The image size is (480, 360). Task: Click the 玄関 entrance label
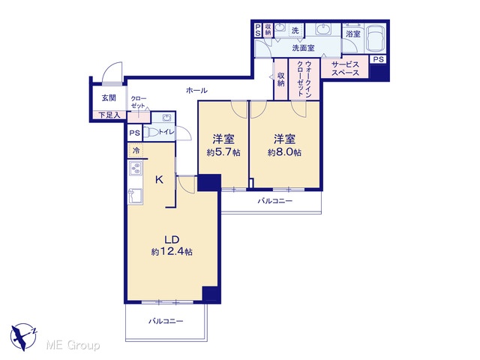pos(109,98)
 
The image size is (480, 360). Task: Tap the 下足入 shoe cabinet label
pos(109,115)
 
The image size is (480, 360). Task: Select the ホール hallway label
pos(196,90)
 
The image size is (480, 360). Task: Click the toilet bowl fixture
pos(151,132)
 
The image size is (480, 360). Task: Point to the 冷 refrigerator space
pos(136,150)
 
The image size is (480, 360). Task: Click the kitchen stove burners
pos(136,168)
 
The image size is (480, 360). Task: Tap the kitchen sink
pos(135,196)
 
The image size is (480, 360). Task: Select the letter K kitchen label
pos(159,180)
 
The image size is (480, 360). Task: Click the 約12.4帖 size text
pos(172,252)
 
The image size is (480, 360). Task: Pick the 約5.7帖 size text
pos(223,152)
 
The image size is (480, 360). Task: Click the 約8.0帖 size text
pos(285,152)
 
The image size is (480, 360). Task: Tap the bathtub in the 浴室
pos(375,38)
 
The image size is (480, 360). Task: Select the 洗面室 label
pos(303,48)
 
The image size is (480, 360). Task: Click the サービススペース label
pos(345,69)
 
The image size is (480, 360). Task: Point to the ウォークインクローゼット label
pos(304,79)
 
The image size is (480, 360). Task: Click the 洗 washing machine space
pos(295,31)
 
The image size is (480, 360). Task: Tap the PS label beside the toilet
pos(134,133)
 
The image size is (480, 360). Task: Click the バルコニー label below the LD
pos(166,321)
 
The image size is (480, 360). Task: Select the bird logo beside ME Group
pos(23,337)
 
